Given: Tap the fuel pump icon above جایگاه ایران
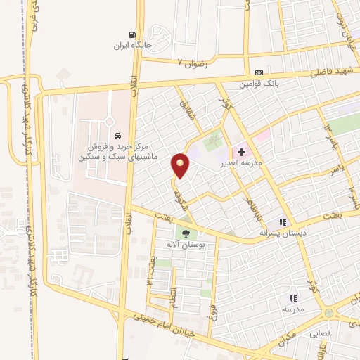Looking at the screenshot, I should (131, 35).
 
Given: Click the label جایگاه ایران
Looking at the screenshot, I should (132, 46).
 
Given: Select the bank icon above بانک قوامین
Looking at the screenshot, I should (259, 72).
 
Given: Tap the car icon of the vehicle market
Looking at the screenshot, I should (117, 134).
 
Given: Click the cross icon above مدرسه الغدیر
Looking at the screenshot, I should (241, 151).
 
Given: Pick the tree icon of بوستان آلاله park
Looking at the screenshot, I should (186, 233).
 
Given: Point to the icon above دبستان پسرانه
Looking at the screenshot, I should (285, 221).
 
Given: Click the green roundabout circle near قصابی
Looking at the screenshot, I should (329, 313).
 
